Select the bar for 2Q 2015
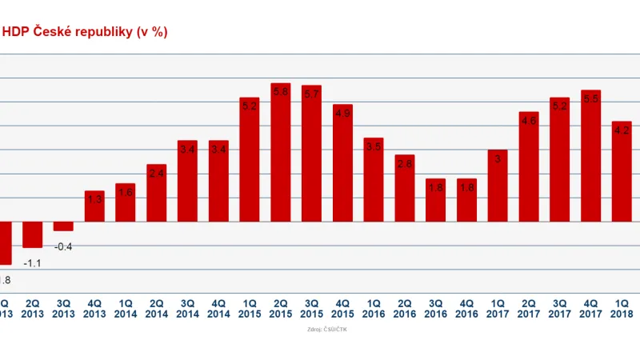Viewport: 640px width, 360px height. click(x=280, y=152)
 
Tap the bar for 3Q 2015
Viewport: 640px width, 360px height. click(x=311, y=154)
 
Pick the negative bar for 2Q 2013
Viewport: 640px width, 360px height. click(x=33, y=234)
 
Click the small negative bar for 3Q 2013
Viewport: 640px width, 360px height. click(x=63, y=226)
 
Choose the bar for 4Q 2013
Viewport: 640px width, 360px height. click(x=94, y=206)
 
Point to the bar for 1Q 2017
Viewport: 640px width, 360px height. click(x=498, y=186)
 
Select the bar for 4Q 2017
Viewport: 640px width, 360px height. click(x=590, y=156)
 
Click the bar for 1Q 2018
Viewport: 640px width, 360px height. click(x=622, y=171)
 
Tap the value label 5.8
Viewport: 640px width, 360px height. click(x=280, y=92)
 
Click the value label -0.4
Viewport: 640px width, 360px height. click(x=63, y=246)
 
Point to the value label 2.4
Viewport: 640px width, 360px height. click(x=156, y=174)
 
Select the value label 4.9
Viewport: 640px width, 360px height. click(x=342, y=114)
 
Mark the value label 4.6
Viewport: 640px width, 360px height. click(x=528, y=121)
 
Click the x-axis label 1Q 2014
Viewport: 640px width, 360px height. click(x=126, y=309)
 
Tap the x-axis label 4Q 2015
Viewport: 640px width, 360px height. click(x=342, y=309)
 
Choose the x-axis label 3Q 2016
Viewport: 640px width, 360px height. click(x=435, y=309)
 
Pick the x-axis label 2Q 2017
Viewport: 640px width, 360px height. click(x=528, y=309)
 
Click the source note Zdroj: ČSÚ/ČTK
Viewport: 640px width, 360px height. click(x=326, y=329)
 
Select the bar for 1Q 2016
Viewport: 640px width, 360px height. click(x=374, y=179)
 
